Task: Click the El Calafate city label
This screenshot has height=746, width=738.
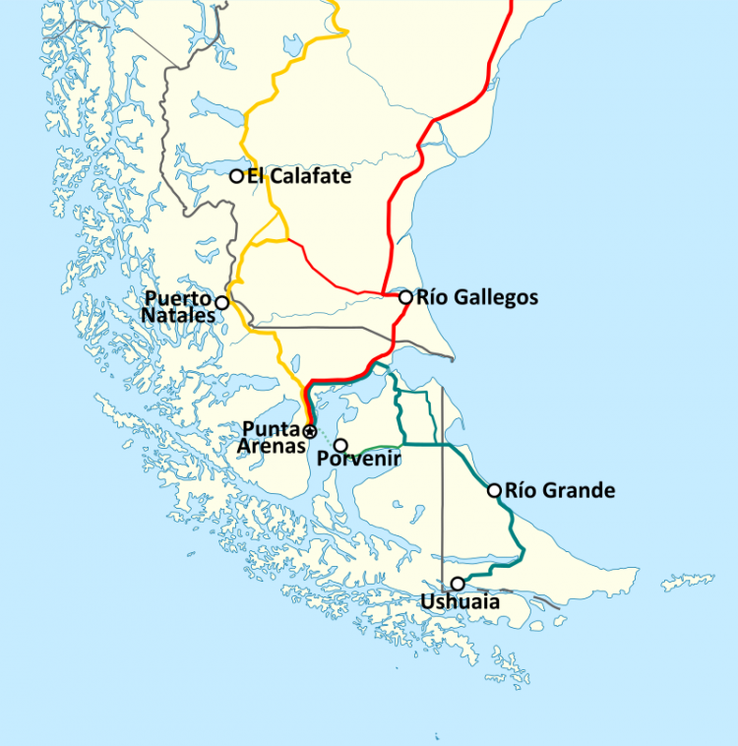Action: tap(298, 176)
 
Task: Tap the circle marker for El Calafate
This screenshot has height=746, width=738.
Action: tap(236, 176)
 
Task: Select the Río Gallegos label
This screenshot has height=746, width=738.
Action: tap(477, 296)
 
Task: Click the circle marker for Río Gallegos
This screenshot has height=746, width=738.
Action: tap(405, 296)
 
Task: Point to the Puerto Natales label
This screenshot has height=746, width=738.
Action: tap(178, 306)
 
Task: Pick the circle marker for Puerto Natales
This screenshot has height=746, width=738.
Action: tap(222, 302)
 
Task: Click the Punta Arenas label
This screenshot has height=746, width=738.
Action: tap(271, 437)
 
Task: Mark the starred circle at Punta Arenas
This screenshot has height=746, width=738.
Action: tap(309, 431)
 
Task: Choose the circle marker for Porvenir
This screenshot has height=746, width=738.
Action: tap(340, 445)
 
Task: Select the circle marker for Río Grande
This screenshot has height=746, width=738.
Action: tap(494, 489)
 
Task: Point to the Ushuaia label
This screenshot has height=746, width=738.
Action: tap(460, 602)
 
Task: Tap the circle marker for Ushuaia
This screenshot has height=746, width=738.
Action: tap(458, 584)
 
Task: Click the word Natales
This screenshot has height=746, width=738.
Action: tap(178, 315)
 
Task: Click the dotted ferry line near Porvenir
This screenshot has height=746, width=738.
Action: tap(325, 439)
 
